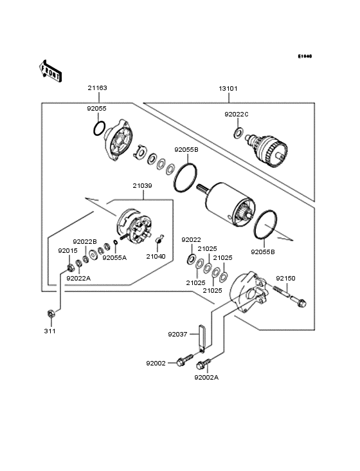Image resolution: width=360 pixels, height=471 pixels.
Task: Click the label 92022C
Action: pos(237,115)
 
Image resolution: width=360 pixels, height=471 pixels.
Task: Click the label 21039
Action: pos(143,186)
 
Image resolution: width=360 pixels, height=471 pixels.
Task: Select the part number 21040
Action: pos(156,256)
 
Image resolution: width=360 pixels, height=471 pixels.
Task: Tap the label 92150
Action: pos(285,278)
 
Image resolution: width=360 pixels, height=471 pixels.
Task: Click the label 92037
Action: pos(178,335)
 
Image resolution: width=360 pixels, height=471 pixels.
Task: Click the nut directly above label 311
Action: pos(50,314)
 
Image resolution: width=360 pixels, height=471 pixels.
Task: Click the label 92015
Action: pos(67,250)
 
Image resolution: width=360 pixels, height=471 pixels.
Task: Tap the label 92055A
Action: pos(115,257)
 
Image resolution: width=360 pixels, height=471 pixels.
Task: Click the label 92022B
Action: pos(84,241)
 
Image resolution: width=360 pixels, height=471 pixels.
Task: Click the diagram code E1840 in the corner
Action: pos(304,57)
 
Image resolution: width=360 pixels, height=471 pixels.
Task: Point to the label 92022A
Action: pos(79,278)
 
